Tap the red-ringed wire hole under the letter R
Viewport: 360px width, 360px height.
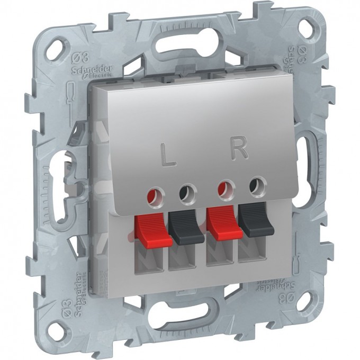(x=227, y=187)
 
